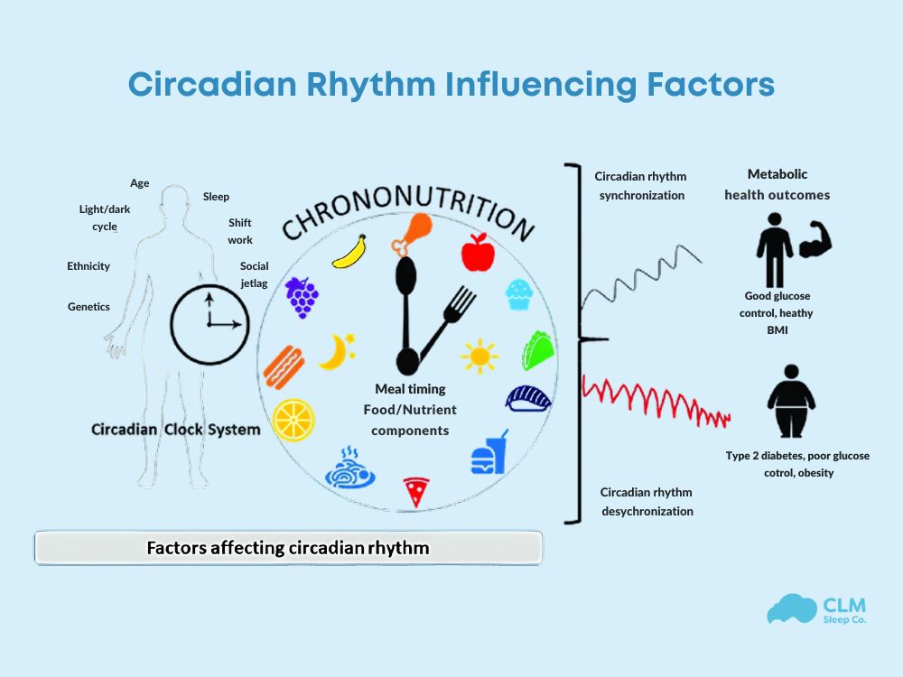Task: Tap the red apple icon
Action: [x=478, y=253]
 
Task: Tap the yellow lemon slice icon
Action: [x=294, y=420]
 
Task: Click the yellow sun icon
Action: [x=479, y=356]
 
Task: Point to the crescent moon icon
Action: [x=336, y=351]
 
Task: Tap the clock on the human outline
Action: [x=209, y=322]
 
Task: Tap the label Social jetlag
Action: [x=254, y=274]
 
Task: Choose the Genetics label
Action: [x=88, y=307]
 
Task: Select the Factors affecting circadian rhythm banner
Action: [x=288, y=547]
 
